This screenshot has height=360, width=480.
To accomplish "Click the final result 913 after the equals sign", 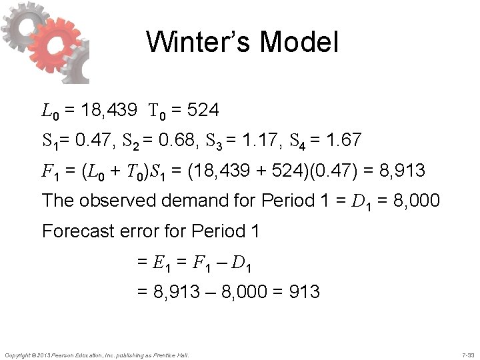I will point(301,292).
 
